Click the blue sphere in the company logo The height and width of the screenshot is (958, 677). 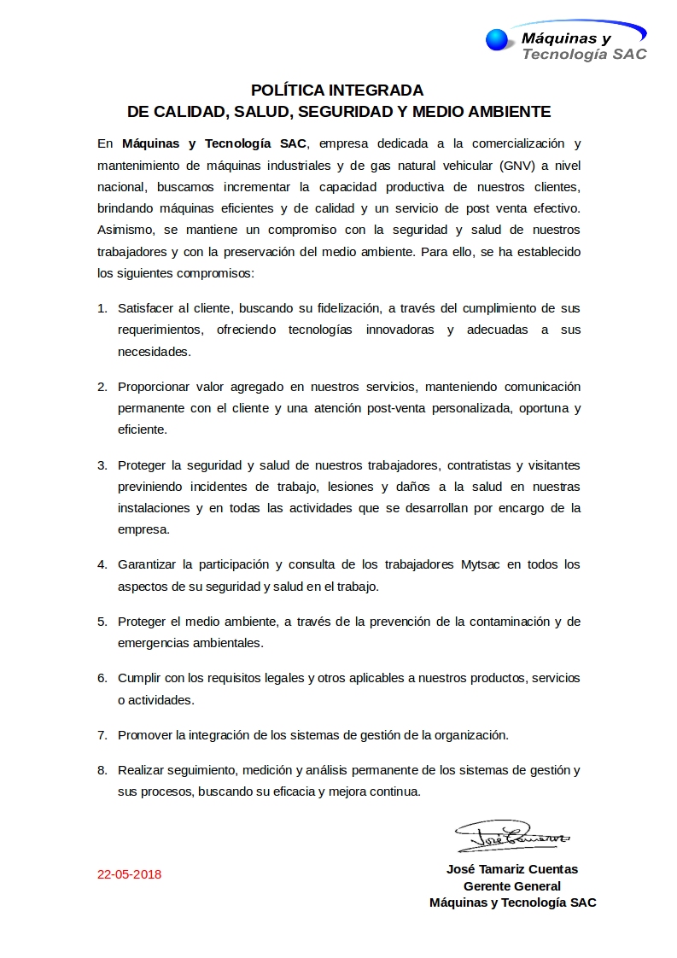pyautogui.click(x=496, y=39)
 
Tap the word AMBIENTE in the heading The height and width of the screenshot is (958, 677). pyautogui.click(x=508, y=112)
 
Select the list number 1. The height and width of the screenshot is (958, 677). pyautogui.click(x=102, y=308)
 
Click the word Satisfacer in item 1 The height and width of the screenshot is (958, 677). pyautogui.click(x=146, y=308)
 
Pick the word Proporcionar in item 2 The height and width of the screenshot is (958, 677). pyautogui.click(x=155, y=387)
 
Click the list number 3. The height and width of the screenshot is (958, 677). pyautogui.click(x=102, y=465)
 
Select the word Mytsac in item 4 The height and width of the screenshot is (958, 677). pyautogui.click(x=479, y=565)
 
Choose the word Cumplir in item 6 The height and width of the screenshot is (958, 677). pyautogui.click(x=139, y=678)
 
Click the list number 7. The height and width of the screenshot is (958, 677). pyautogui.click(x=102, y=734)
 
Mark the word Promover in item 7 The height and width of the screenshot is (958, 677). pyautogui.click(x=145, y=734)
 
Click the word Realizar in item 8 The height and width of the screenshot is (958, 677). pyautogui.click(x=142, y=770)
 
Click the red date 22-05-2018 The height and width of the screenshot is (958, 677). pyautogui.click(x=129, y=874)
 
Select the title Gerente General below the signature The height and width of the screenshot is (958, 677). pyautogui.click(x=512, y=886)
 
